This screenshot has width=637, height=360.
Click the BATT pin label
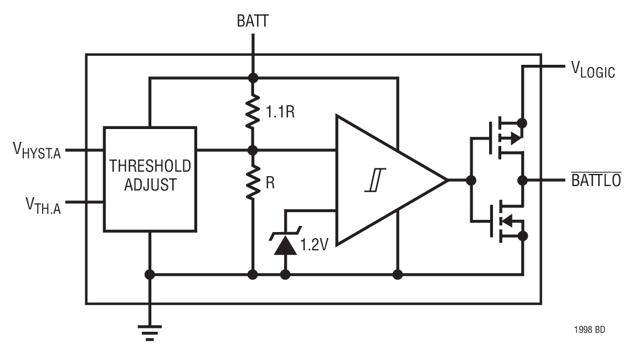point(253,22)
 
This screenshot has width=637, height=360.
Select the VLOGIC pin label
point(593,70)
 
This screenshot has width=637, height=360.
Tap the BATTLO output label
point(596,180)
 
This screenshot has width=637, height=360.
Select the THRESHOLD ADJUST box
point(150,178)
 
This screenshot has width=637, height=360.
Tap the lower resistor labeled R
point(253,182)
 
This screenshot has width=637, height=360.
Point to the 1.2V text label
point(314,244)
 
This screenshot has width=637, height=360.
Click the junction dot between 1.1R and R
point(253,150)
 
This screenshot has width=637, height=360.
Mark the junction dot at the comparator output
point(471,180)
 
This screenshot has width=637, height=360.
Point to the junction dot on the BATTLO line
point(522,180)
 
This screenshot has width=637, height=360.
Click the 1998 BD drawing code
point(589,330)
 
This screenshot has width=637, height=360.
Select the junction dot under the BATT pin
point(253,78)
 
